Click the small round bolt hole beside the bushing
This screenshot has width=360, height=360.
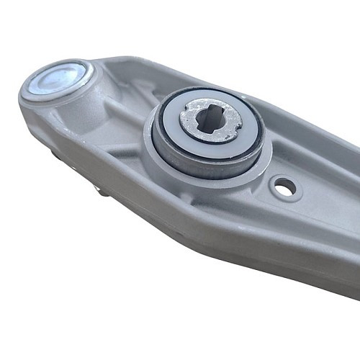pyautogui.click(x=284, y=188)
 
